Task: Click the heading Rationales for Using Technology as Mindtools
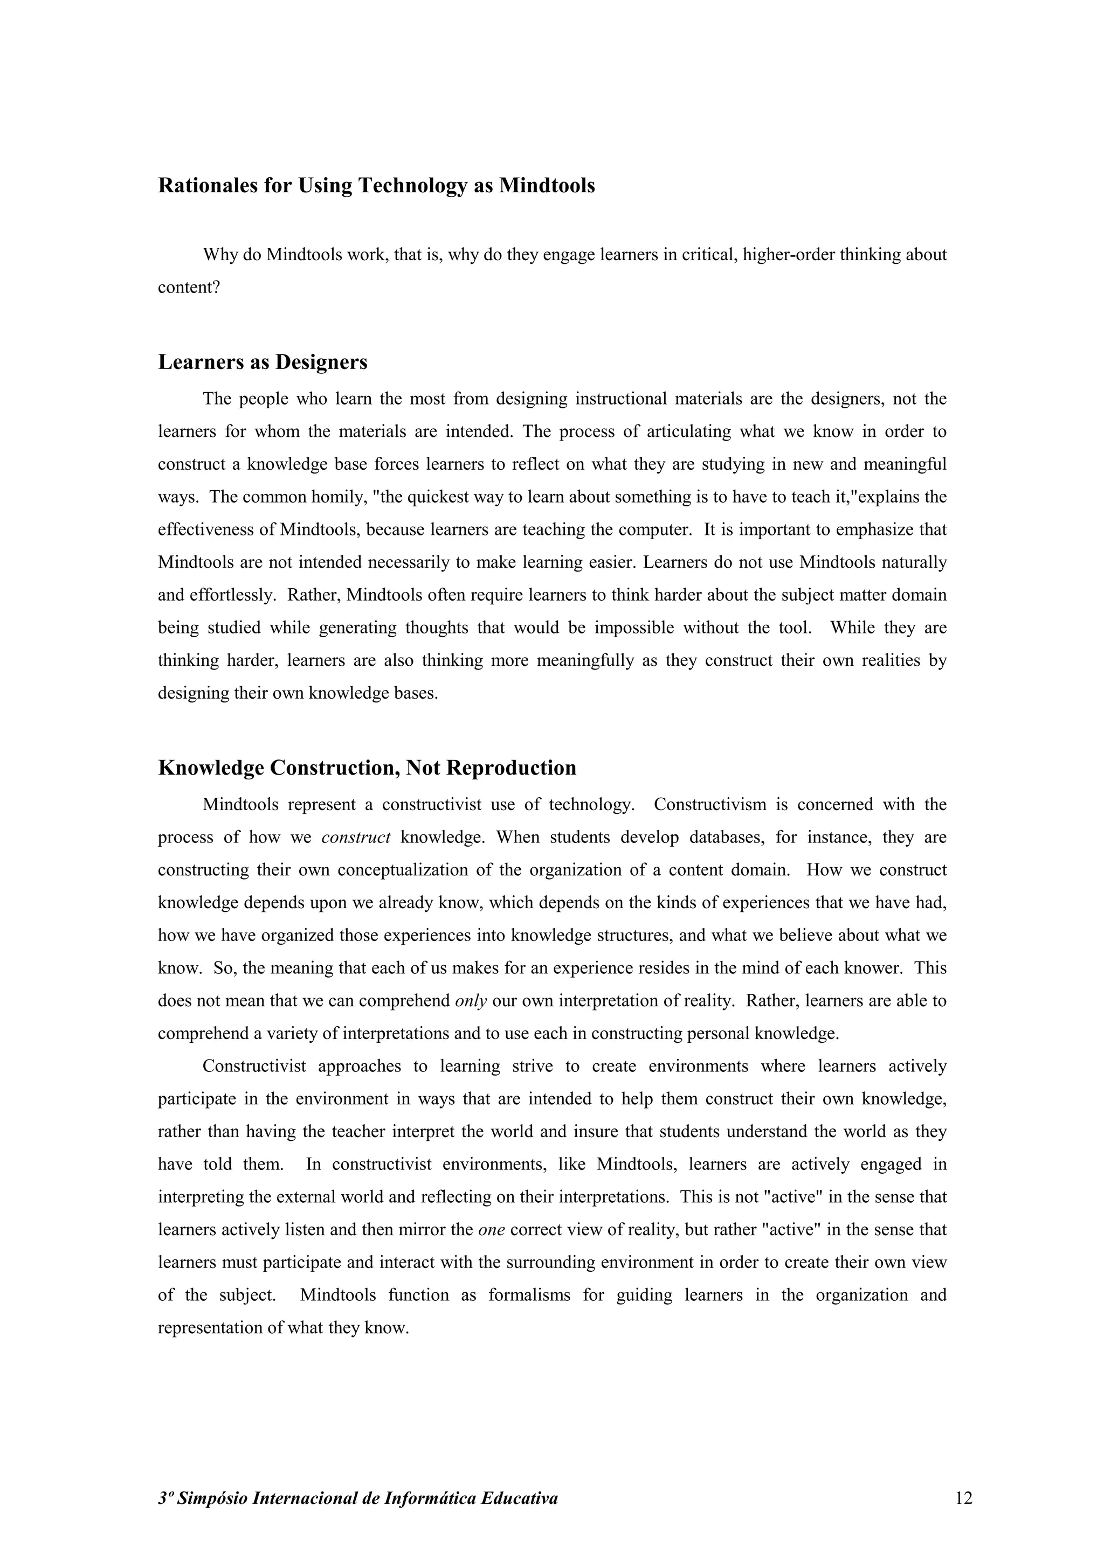376,186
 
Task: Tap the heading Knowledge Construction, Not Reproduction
367,768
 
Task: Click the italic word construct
356,837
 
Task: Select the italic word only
471,1001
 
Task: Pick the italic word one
491,1230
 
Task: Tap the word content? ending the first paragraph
189,288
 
